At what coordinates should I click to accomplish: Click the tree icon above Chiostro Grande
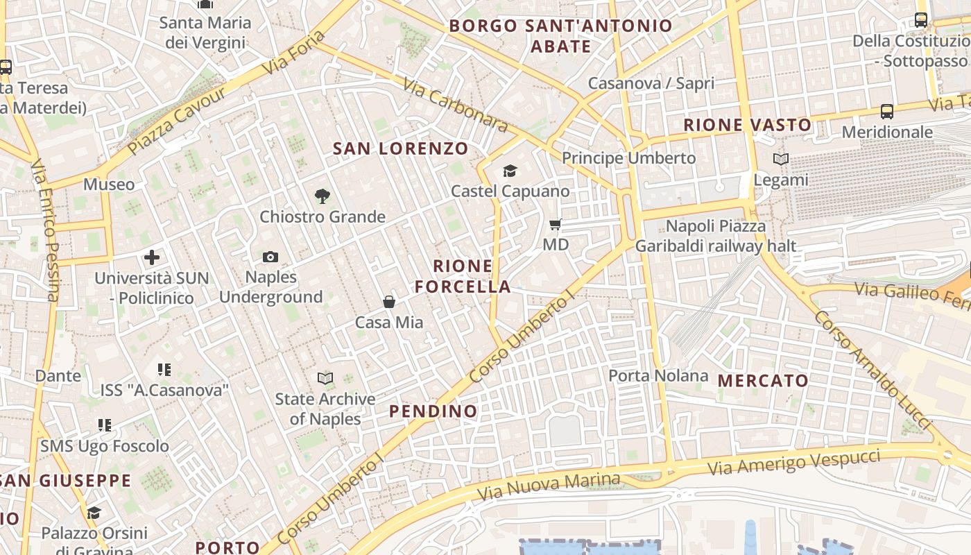pyautogui.click(x=322, y=196)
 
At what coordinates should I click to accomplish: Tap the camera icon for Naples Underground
pyautogui.click(x=270, y=257)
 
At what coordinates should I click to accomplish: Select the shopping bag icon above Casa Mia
pyautogui.click(x=389, y=302)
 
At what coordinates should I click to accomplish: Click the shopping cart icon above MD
pyautogui.click(x=555, y=224)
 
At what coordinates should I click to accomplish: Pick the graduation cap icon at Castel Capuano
pyautogui.click(x=510, y=171)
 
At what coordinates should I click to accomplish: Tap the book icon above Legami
pyautogui.click(x=781, y=160)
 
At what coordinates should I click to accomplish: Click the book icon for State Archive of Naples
pyautogui.click(x=325, y=378)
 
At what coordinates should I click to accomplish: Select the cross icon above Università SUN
pyautogui.click(x=152, y=258)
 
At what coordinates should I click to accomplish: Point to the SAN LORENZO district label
pyautogui.click(x=401, y=148)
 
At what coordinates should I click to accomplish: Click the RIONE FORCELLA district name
pyautogui.click(x=463, y=276)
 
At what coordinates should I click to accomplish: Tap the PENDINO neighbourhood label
pyautogui.click(x=433, y=411)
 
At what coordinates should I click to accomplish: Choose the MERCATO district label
pyautogui.click(x=763, y=381)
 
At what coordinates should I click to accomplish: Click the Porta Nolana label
pyautogui.click(x=658, y=376)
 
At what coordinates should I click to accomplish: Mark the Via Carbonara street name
pyautogui.click(x=455, y=105)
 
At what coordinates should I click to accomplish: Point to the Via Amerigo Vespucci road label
pyautogui.click(x=793, y=462)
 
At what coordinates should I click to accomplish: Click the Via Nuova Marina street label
pyautogui.click(x=549, y=487)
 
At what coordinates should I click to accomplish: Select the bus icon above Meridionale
pyautogui.click(x=886, y=111)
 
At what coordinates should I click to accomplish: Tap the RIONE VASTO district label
pyautogui.click(x=747, y=126)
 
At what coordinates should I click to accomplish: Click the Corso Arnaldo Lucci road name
pyautogui.click(x=871, y=368)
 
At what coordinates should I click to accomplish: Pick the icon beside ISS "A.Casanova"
pyautogui.click(x=164, y=370)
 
